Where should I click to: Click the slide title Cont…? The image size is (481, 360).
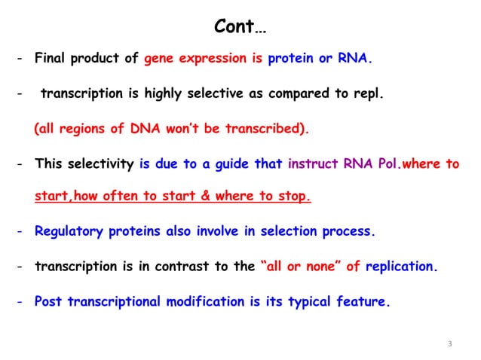[240, 28]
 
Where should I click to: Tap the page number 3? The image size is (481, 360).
[449, 344]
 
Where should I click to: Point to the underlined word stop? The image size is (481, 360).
[293, 197]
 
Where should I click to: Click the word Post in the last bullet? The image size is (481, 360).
[48, 301]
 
